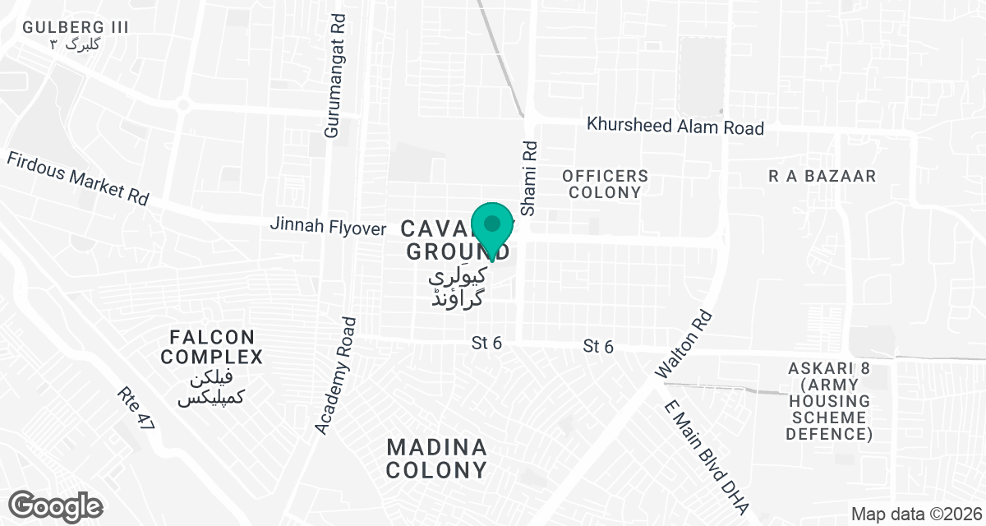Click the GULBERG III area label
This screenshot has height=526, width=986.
[x=76, y=27]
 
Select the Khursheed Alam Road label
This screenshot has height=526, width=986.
[x=675, y=127]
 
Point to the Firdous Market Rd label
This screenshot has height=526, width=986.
[x=78, y=178]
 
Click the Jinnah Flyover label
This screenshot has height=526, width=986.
[x=326, y=224]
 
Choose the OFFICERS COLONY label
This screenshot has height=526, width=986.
[x=605, y=184]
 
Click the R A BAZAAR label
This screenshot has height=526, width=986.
[x=822, y=176]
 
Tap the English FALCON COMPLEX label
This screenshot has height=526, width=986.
[x=212, y=347]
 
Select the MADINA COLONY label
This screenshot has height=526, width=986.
[x=437, y=459]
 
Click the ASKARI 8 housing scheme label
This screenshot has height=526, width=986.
[x=828, y=400]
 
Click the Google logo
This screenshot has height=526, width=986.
[x=56, y=505]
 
